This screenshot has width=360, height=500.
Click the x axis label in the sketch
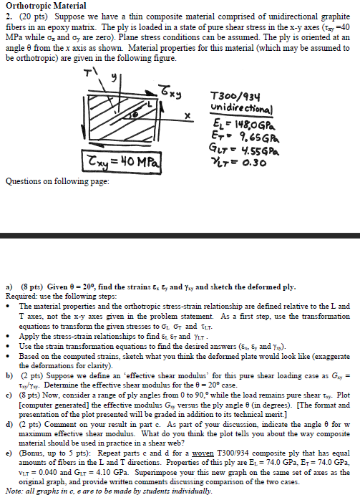click(x=188, y=114)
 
